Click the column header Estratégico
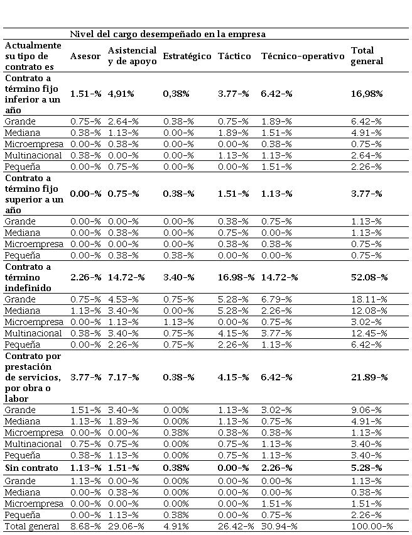tap(187, 56)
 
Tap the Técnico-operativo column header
tap(303, 56)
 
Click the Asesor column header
tap(85, 56)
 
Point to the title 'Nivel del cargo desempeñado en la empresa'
tap(168, 33)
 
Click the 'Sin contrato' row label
tap(31, 468)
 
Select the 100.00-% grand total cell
tap(372, 526)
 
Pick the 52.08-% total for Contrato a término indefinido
tap(369, 277)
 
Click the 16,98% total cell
tap(369, 94)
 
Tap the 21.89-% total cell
tap(369, 377)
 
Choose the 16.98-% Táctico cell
tap(236, 277)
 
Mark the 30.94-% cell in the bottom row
tap(279, 526)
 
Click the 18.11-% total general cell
tap(368, 299)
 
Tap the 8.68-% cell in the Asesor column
tap(85, 526)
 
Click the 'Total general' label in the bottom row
tap(31, 526)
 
